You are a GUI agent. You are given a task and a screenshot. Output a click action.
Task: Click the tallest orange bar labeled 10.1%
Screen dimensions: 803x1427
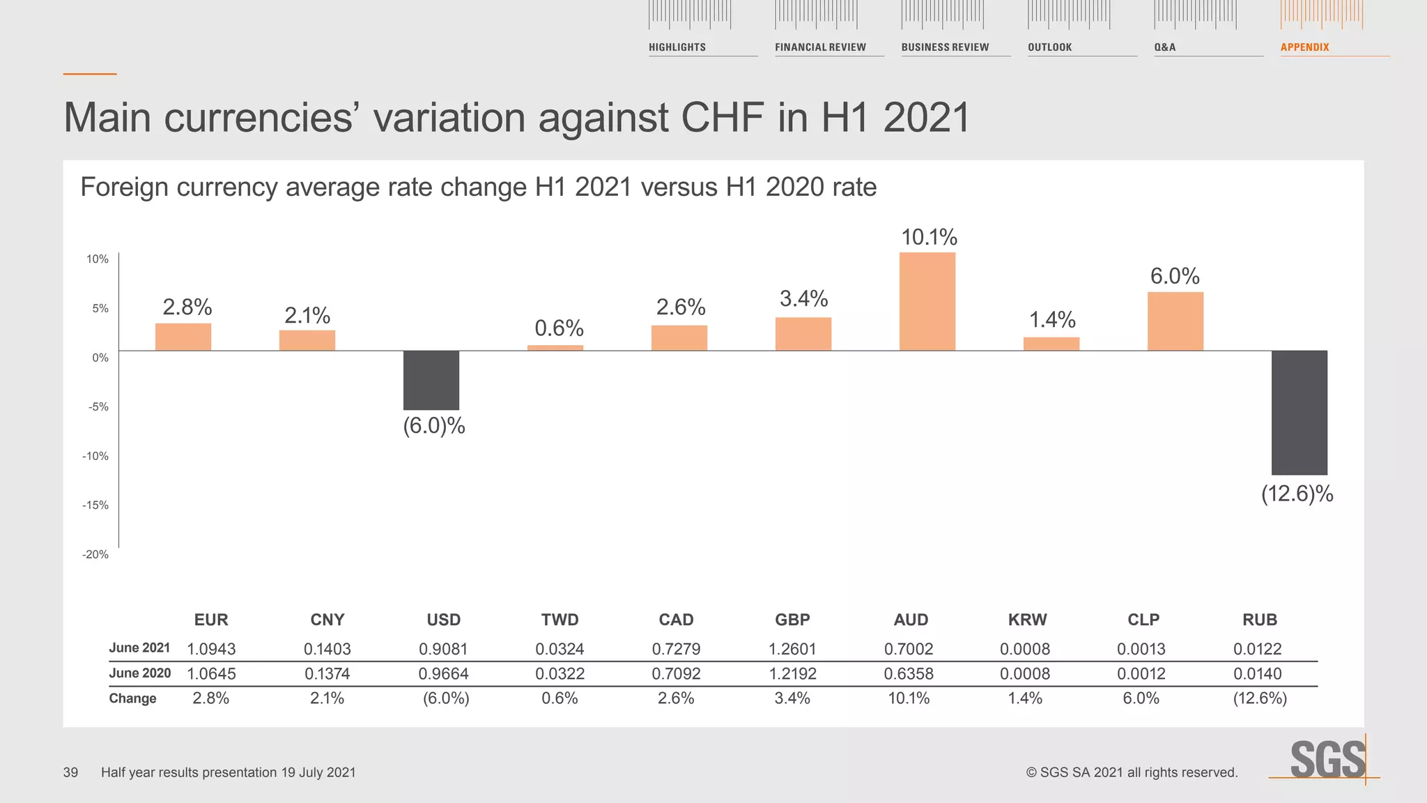pos(927,301)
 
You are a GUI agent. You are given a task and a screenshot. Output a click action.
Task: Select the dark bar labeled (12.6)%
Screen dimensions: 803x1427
pos(1299,412)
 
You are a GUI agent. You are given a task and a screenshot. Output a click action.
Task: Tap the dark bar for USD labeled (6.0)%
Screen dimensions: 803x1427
pos(431,380)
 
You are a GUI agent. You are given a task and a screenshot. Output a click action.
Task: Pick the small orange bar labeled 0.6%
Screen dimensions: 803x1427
pos(555,347)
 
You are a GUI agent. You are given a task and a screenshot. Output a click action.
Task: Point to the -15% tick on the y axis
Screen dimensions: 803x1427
pos(95,505)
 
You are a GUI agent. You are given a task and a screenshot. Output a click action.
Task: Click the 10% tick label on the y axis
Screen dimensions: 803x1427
pos(97,259)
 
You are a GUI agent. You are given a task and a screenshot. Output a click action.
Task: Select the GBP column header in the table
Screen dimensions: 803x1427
pos(792,620)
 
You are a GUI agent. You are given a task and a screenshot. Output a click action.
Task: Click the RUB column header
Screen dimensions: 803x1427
pos(1259,620)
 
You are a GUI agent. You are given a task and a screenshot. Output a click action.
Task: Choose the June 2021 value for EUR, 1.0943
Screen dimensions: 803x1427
pos(211,649)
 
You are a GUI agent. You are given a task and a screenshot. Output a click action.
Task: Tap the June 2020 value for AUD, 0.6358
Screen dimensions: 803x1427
pos(909,674)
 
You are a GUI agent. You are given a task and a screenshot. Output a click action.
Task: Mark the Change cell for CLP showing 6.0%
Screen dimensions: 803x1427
pos(1141,698)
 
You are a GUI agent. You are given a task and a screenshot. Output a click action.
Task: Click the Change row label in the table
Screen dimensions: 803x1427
pos(132,698)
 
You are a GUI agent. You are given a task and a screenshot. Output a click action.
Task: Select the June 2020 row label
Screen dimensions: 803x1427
pos(139,673)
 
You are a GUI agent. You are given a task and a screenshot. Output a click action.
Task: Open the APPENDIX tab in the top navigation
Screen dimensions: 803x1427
pos(1304,47)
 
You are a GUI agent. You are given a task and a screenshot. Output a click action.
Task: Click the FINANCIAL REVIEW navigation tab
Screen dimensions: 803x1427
pos(820,47)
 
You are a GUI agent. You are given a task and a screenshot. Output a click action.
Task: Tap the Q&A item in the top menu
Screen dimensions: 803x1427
pos(1164,47)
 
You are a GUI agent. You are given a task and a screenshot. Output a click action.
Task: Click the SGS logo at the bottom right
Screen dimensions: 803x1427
pos(1327,759)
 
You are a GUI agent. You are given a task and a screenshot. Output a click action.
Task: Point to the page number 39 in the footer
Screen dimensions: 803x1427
pos(70,772)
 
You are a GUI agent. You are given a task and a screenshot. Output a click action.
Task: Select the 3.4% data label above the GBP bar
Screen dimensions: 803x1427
pos(803,299)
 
